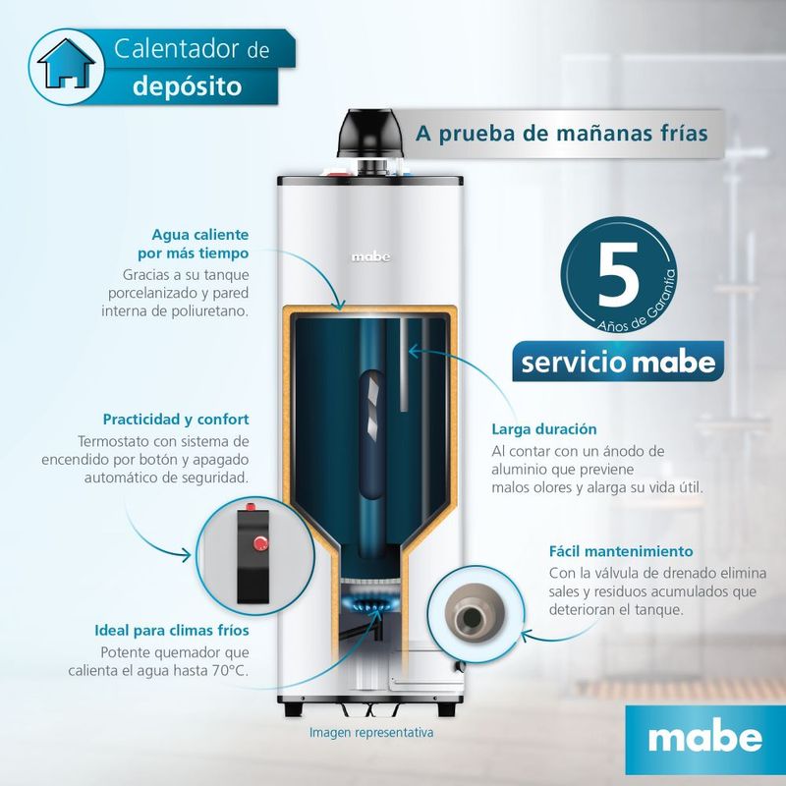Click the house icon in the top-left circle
tap(66, 64)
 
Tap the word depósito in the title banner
tap(188, 86)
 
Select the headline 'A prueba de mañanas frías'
tap(561, 134)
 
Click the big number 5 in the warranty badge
tap(618, 274)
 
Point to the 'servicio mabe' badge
tap(618, 362)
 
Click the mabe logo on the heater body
tap(370, 257)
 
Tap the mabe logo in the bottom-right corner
tap(705, 738)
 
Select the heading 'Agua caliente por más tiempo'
tap(194, 244)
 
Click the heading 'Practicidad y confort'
tap(176, 420)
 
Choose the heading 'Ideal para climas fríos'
tap(172, 630)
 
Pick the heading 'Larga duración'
tap(544, 429)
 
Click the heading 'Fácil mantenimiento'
tap(621, 551)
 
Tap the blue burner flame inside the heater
tap(371, 602)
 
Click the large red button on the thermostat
tap(260, 544)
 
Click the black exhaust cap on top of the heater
tap(371, 133)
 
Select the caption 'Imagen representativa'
tap(371, 732)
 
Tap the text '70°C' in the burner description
tap(230, 671)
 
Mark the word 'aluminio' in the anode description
tap(519, 470)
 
